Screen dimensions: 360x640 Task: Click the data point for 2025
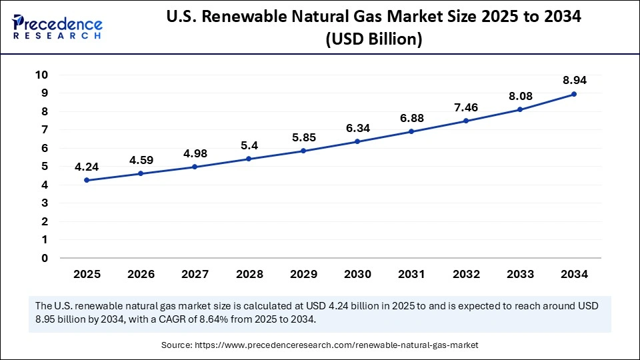click(87, 180)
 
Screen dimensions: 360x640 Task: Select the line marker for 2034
click(574, 94)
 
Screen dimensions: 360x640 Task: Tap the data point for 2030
click(357, 141)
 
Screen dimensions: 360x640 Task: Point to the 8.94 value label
click(574, 80)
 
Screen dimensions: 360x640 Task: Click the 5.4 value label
click(249, 145)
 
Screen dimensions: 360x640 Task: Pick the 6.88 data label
click(411, 117)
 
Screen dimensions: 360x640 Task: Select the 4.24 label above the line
click(87, 166)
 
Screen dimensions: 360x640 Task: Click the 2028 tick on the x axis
click(249, 274)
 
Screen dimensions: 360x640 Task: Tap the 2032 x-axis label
click(465, 274)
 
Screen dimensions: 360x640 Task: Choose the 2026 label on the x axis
click(141, 274)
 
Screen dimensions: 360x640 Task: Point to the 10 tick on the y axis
click(41, 75)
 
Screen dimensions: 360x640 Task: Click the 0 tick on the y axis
click(44, 258)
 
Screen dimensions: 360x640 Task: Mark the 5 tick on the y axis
click(44, 167)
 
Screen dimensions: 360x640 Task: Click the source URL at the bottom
click(336, 345)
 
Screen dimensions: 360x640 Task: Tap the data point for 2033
click(520, 109)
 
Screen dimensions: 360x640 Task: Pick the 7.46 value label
click(465, 107)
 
